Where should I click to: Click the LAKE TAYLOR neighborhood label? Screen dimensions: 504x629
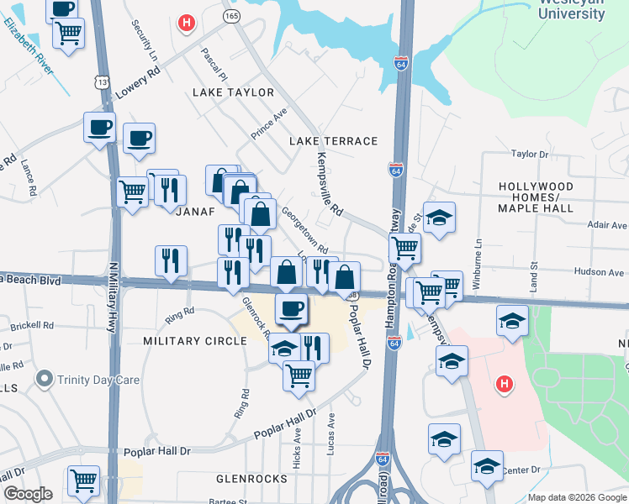233,92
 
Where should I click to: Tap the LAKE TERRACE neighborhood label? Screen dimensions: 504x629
334,141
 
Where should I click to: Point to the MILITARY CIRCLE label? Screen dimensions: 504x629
195,341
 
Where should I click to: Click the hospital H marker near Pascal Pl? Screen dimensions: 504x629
187,23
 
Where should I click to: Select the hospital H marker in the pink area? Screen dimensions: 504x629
504,386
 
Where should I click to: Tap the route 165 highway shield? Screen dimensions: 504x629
231,16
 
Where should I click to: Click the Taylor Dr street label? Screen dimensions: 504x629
530,155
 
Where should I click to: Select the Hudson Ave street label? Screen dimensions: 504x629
600,272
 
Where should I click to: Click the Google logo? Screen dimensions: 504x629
29,494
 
